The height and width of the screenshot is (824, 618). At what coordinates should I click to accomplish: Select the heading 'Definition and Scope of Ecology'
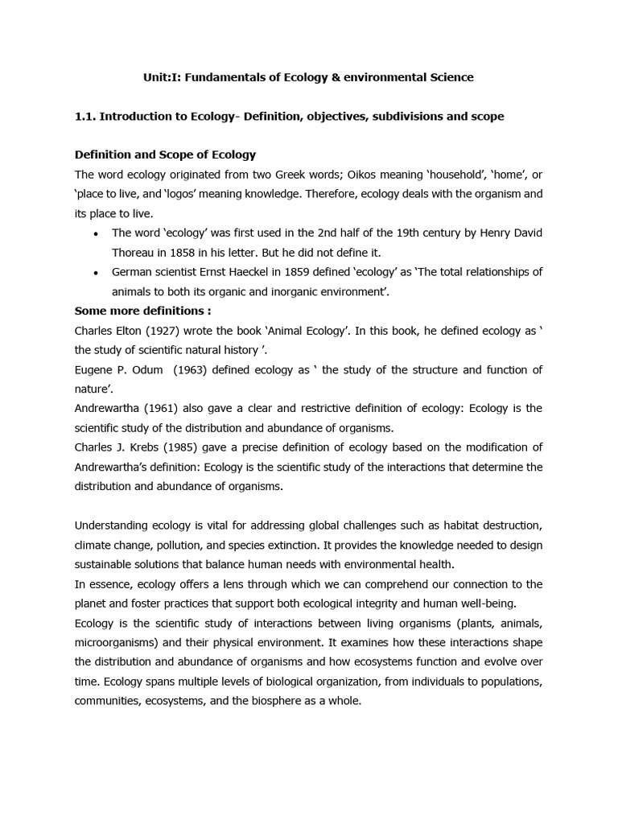165,154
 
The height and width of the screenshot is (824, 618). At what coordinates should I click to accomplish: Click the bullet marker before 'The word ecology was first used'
97,233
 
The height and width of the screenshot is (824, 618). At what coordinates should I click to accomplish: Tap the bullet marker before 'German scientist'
97,272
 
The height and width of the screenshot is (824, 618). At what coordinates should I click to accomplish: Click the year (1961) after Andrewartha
161,408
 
